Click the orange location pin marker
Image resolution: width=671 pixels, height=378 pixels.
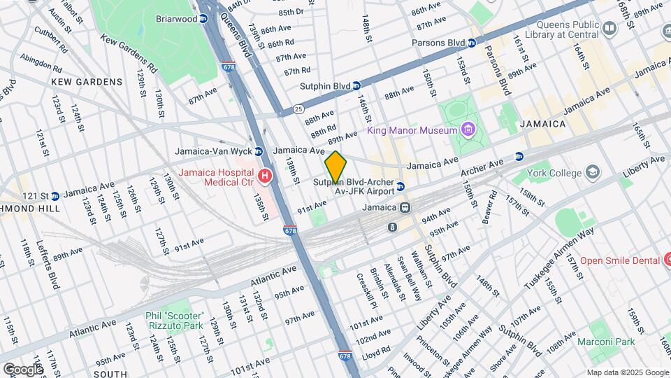[x=335, y=167]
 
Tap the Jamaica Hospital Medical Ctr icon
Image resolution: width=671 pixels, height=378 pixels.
[x=264, y=176]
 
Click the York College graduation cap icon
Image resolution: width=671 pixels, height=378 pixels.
[x=593, y=172]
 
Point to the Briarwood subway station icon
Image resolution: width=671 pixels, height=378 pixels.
[x=203, y=20]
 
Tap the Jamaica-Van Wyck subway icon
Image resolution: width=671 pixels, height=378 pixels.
[x=259, y=151]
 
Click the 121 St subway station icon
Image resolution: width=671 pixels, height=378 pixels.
[x=55, y=195]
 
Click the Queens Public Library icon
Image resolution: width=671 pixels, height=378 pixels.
[x=609, y=28]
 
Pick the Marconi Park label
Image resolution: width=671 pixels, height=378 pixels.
[x=607, y=342]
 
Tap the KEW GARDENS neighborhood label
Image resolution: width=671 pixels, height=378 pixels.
[x=87, y=82]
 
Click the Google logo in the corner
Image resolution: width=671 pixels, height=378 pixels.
[x=23, y=369]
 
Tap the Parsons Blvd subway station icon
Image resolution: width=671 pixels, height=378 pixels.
[x=472, y=43]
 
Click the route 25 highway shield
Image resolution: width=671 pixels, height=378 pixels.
[x=298, y=109]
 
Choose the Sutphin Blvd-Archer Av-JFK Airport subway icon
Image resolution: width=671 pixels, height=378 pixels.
[x=401, y=186]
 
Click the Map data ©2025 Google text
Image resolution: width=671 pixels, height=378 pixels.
[x=627, y=372]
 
